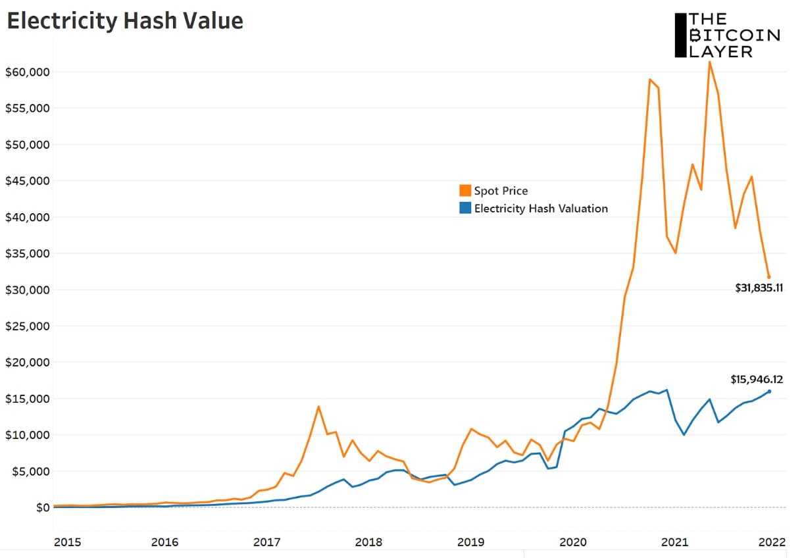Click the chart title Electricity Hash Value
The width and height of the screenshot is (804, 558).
(x=125, y=21)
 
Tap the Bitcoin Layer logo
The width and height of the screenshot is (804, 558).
(x=727, y=36)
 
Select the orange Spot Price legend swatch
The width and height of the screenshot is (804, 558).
(x=465, y=191)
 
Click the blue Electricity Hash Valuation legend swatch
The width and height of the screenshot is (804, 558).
(x=465, y=209)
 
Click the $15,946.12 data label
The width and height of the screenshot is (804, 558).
(x=757, y=380)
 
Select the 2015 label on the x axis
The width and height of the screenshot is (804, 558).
(x=68, y=542)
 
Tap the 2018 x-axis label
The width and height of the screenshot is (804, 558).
(x=368, y=542)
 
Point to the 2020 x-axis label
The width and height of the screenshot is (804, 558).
(x=572, y=542)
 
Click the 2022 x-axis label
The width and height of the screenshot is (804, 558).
(x=772, y=542)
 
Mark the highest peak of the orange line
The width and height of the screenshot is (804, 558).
(x=710, y=62)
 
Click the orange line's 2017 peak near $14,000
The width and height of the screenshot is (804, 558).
(x=318, y=407)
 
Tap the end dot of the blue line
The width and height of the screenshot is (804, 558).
(x=769, y=392)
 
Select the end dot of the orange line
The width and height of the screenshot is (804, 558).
(x=769, y=277)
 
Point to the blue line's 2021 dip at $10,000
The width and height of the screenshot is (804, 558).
(x=684, y=434)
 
